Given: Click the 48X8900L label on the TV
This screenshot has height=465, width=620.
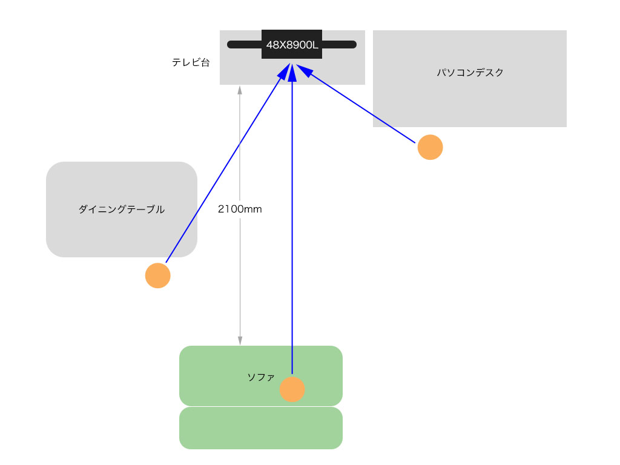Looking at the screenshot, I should (292, 44).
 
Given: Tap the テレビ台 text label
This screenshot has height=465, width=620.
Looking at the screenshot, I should (191, 62).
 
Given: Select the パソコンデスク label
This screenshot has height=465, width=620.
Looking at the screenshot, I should (470, 73).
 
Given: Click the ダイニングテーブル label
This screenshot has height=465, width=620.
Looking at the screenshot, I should (121, 209).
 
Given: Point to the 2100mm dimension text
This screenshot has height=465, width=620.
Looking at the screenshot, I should (240, 209).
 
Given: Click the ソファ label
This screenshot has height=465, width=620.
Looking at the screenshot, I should (260, 377).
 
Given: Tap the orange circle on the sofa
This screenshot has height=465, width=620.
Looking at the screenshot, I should (292, 389).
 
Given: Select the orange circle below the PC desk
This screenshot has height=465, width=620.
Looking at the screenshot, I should (430, 147).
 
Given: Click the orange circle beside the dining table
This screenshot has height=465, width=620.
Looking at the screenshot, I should (158, 275).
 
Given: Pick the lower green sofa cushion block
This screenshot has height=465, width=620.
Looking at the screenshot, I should (261, 428).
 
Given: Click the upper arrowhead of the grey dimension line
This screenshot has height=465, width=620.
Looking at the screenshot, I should (240, 90).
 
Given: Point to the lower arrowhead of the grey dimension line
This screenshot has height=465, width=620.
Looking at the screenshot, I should (240, 340).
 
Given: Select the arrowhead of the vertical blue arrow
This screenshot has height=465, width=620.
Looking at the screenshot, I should (292, 73).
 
